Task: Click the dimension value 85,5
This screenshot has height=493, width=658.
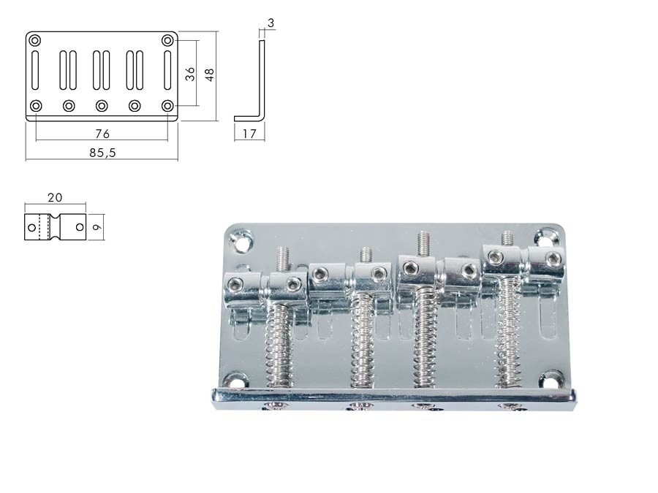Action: coord(102,153)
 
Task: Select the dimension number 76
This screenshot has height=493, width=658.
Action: coord(102,134)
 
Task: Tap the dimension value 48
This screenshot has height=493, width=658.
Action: coord(210,74)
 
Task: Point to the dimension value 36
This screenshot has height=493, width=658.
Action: coord(190,74)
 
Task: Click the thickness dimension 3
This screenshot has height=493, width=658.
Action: coord(271,23)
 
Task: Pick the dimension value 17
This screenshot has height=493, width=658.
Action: coord(249,134)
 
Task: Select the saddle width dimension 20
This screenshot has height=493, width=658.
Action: coord(54,198)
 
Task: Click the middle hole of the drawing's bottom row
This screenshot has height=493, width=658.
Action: coord(102,106)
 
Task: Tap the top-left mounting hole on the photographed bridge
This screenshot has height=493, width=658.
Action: coord(240,239)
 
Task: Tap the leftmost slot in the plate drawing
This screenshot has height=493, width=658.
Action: coord(36,72)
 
